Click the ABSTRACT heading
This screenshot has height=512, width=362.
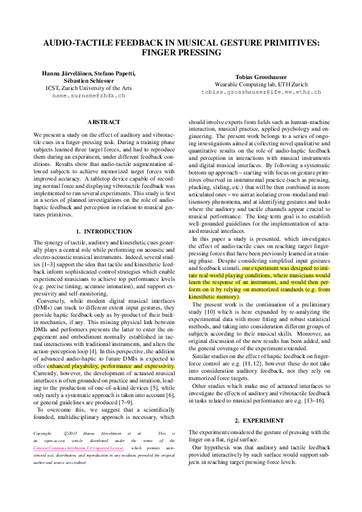coord(103,122)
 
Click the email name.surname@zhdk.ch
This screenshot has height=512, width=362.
coord(88,95)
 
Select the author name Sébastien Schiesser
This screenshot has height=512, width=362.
coord(89,80)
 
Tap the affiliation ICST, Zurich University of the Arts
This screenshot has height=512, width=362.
coord(89,88)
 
